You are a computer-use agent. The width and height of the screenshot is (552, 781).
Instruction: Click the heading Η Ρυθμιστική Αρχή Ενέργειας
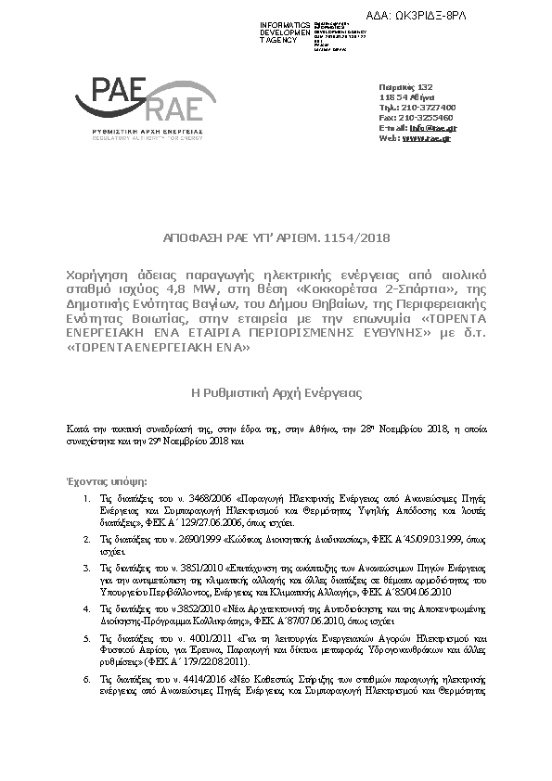tap(276, 393)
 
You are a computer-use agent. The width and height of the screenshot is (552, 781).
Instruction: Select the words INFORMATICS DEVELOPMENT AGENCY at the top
tap(286, 32)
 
